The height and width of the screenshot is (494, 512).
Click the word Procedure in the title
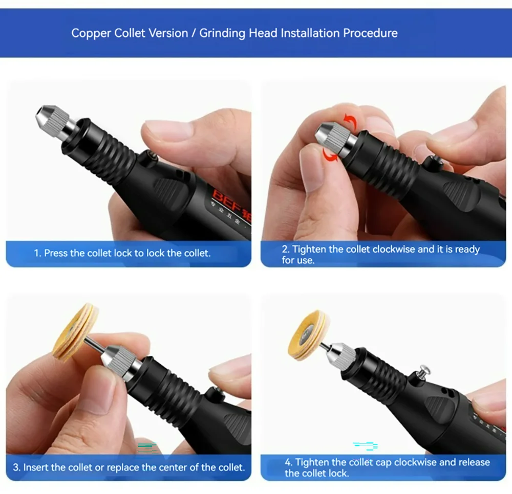pos(370,33)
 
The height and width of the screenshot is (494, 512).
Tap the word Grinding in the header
pos(222,33)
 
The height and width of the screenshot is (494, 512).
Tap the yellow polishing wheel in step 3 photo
pos(75,332)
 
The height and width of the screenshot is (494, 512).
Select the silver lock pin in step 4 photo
pos(424,371)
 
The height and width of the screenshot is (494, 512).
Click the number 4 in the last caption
pos(288,462)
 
